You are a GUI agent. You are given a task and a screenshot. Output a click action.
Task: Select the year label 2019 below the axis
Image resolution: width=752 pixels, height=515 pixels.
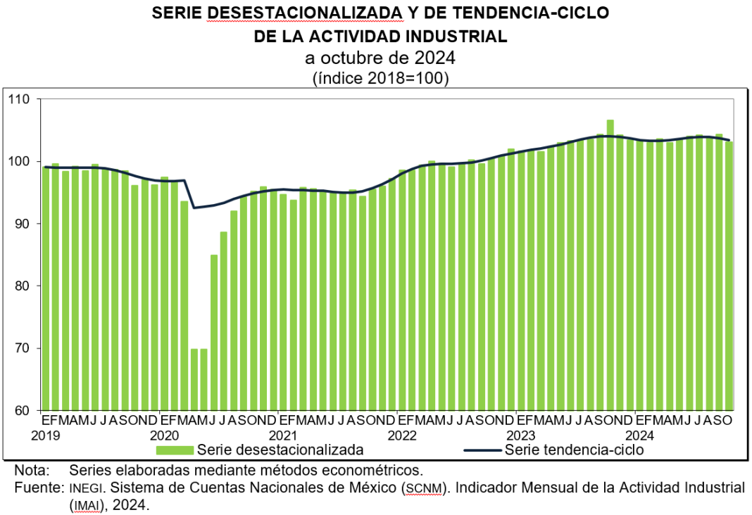(x=46, y=435)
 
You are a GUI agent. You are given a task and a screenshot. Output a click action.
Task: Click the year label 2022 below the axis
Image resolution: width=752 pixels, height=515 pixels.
(x=403, y=435)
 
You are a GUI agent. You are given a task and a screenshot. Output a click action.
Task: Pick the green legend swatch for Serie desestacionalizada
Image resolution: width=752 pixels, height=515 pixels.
(x=175, y=450)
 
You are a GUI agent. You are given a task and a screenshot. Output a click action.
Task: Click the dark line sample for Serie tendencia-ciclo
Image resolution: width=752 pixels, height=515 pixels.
(x=483, y=450)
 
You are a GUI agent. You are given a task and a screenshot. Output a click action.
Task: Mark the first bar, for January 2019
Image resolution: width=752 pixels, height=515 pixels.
(x=46, y=288)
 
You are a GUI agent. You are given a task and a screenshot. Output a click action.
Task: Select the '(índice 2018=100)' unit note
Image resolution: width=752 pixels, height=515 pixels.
(x=380, y=78)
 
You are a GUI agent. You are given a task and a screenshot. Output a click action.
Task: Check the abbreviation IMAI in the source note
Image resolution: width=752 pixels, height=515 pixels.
(x=84, y=505)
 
